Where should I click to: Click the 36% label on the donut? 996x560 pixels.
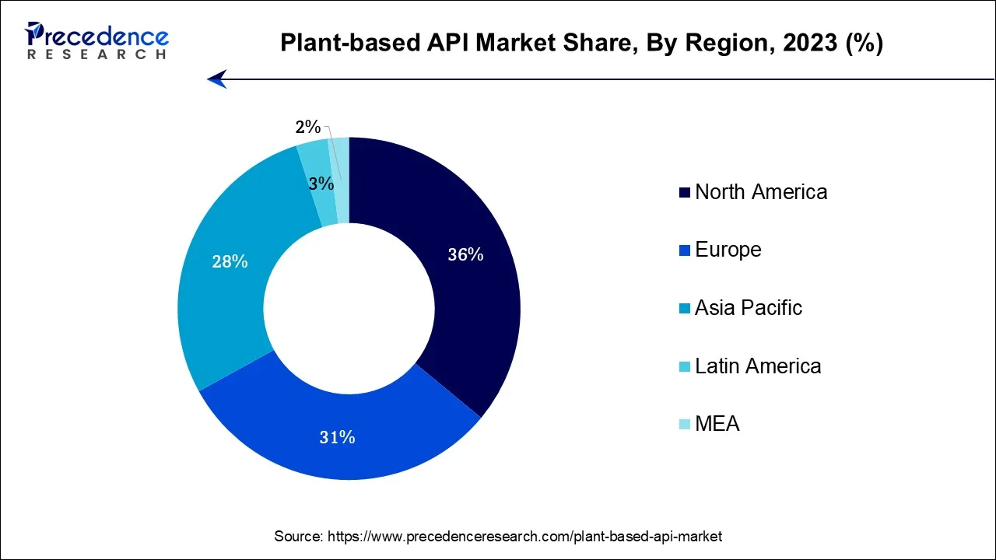tap(465, 254)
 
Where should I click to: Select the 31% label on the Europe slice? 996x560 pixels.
tap(337, 438)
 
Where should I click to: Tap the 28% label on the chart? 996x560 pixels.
tap(230, 262)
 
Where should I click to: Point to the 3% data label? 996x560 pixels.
tap(321, 184)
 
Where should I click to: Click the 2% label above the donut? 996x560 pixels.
tap(308, 128)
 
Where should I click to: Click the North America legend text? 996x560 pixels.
tap(760, 192)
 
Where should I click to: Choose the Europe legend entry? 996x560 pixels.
tap(728, 250)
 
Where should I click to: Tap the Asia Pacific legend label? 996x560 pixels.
tap(748, 308)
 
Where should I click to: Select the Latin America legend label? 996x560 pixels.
tap(757, 366)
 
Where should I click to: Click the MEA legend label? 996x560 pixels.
tap(717, 424)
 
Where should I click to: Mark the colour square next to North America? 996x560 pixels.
tap(685, 193)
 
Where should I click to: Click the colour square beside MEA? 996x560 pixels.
tap(685, 425)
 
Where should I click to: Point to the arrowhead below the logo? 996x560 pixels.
tap(217, 79)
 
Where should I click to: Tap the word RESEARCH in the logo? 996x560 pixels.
tap(96, 54)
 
